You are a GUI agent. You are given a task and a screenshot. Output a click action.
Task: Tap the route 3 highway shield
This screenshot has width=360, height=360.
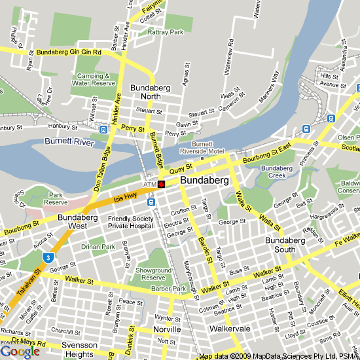click(x=48, y=257)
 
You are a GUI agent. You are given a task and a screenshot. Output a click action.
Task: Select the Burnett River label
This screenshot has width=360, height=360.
click(x=70, y=141)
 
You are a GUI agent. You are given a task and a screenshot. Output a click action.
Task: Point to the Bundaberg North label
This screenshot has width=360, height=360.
click(x=154, y=92)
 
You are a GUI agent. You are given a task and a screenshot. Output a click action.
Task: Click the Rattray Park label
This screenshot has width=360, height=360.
click(x=164, y=31)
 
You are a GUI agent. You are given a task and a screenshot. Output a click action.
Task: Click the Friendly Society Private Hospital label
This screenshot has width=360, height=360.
click(x=130, y=222)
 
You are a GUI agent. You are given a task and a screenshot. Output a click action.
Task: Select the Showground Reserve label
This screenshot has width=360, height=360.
click(x=153, y=274)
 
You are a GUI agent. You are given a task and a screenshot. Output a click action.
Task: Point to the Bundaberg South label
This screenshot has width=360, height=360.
click(x=285, y=245)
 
